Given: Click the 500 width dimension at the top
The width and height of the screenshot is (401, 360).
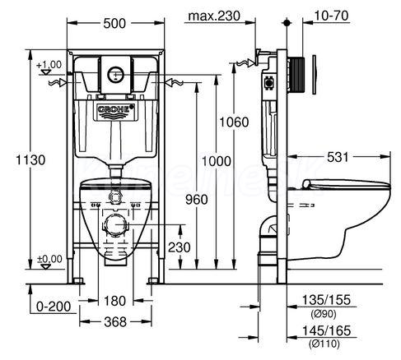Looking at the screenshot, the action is (114, 24).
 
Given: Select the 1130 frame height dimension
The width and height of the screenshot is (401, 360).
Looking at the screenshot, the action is (30, 160).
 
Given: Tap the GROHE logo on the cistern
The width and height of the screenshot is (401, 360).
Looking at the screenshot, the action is (116, 109).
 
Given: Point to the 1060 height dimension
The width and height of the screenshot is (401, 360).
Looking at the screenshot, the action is (234, 122).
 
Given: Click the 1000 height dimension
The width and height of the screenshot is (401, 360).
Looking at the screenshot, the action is (217, 161).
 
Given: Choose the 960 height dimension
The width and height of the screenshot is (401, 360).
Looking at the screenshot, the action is (197, 200).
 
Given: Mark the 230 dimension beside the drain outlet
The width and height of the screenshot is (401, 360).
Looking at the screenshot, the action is (180, 247).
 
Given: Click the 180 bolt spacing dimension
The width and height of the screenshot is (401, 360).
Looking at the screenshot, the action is (114, 301).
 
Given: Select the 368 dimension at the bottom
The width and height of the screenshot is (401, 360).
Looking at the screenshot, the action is (115, 321).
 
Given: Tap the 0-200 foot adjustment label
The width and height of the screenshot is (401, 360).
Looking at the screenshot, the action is (54, 307).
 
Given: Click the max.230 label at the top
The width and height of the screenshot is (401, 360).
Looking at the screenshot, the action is (214, 16).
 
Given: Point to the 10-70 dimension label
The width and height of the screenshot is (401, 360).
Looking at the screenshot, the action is (331, 16).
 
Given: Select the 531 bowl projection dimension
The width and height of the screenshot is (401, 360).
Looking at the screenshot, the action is (338, 157).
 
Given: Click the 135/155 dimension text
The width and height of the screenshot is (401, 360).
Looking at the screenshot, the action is (326, 300).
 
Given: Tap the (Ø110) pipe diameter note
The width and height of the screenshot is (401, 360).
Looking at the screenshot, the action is (324, 344).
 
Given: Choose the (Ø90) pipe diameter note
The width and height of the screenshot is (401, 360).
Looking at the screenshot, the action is (324, 314).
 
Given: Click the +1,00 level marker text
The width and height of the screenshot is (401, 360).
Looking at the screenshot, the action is (49, 65).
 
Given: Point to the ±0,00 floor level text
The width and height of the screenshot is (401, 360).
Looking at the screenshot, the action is (49, 259).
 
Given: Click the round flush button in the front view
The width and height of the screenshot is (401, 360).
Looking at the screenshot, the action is (116, 74).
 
